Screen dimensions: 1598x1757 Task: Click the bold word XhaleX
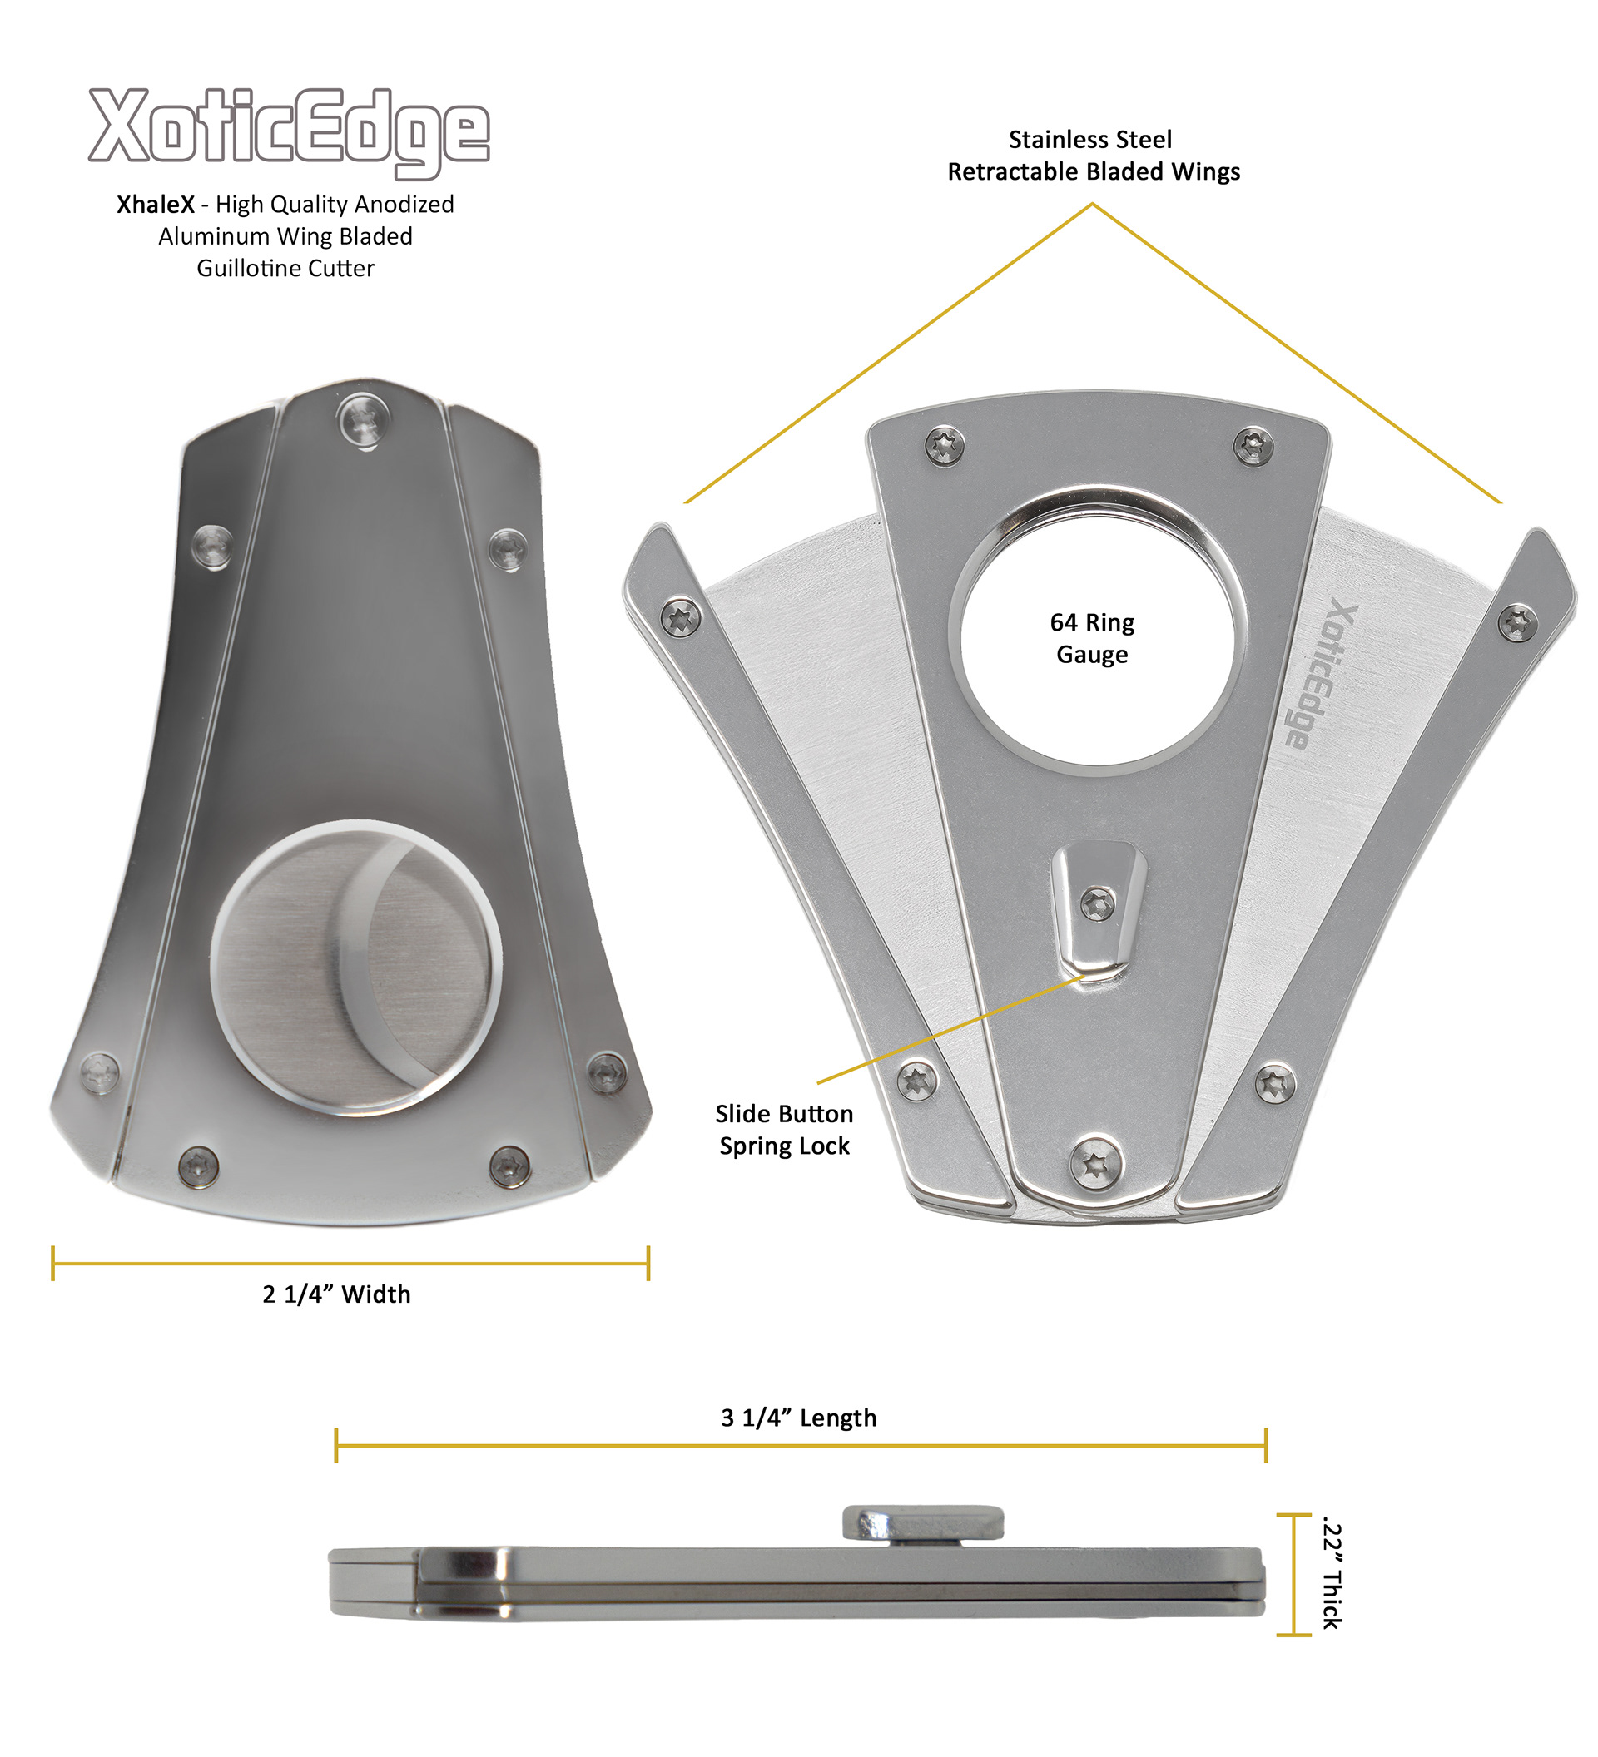[x=155, y=204]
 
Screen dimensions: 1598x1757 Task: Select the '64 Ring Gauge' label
[x=1091, y=638]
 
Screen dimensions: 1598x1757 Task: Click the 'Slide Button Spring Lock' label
[x=784, y=1130]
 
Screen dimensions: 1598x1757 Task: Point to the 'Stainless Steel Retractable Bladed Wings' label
[x=1094, y=155]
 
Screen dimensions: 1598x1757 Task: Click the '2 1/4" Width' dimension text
[x=336, y=1294]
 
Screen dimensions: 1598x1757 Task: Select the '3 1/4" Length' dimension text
[x=798, y=1418]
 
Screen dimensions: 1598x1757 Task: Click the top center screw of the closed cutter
[x=364, y=419]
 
